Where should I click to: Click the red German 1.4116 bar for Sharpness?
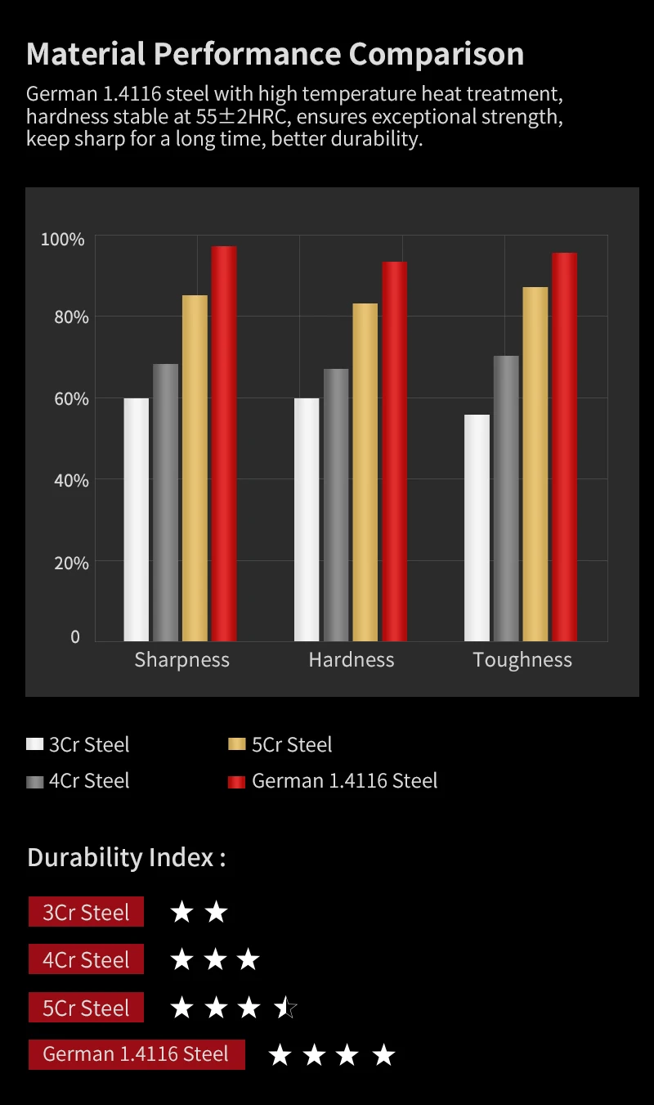pyautogui.click(x=224, y=443)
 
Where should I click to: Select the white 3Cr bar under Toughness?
pyautogui.click(x=477, y=528)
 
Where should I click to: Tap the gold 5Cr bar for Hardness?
pyautogui.click(x=365, y=472)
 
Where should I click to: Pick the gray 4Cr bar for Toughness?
pyautogui.click(x=506, y=498)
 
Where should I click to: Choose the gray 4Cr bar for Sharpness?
pyautogui.click(x=165, y=502)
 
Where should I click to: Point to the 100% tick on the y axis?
pyautogui.click(x=63, y=240)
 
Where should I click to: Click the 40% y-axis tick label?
pyautogui.click(x=65, y=480)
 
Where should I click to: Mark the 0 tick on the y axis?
pyautogui.click(x=75, y=637)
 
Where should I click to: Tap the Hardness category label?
pyautogui.click(x=352, y=660)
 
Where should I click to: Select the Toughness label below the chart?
pyautogui.click(x=522, y=660)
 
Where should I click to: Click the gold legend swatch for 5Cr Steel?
pyautogui.click(x=237, y=744)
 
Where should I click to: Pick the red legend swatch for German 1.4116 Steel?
pyautogui.click(x=237, y=781)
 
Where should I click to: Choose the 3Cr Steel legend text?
pyautogui.click(x=89, y=744)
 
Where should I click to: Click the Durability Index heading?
pyautogui.click(x=126, y=857)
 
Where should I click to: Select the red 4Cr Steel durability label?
pyautogui.click(x=86, y=959)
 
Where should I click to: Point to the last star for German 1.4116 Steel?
pyautogui.click(x=383, y=1055)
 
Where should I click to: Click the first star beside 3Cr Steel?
pyautogui.click(x=181, y=912)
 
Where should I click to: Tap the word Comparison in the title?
pyautogui.click(x=437, y=54)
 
